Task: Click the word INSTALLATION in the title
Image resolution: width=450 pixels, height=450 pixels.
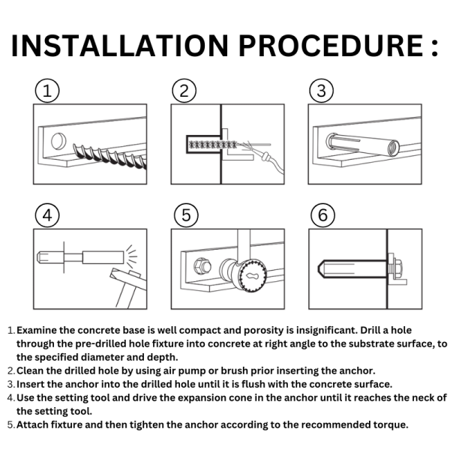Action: click(x=120, y=46)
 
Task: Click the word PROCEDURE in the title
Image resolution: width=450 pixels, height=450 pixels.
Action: click(x=331, y=46)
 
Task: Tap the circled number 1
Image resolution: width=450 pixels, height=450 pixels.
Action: click(x=47, y=91)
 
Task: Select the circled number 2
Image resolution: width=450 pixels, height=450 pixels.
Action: click(x=184, y=91)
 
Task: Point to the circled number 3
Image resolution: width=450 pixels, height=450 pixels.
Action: click(x=322, y=91)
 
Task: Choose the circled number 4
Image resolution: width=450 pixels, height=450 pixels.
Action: click(x=47, y=215)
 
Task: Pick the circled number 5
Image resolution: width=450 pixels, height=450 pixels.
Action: click(x=186, y=215)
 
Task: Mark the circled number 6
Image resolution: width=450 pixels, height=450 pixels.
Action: click(x=322, y=215)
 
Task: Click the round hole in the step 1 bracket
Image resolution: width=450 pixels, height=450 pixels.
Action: click(x=58, y=141)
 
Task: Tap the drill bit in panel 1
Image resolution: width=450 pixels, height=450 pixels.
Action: click(x=110, y=157)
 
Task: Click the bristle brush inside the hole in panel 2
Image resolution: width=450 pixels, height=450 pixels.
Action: click(x=213, y=144)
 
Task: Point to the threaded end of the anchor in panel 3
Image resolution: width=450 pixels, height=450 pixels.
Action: click(x=391, y=148)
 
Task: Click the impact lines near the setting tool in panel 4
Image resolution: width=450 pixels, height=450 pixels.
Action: click(x=131, y=254)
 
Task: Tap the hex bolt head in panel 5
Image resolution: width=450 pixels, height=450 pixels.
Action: click(x=202, y=266)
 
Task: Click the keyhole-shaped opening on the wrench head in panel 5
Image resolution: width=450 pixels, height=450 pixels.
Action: click(x=252, y=276)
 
